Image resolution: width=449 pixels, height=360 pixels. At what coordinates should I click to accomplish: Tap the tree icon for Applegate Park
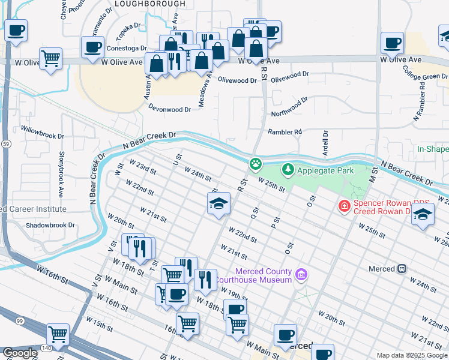[x=288, y=170]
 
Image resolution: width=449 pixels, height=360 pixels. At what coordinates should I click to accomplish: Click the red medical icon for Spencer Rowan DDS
[x=344, y=206]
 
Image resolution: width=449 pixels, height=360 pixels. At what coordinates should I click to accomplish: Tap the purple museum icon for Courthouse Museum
[x=301, y=275]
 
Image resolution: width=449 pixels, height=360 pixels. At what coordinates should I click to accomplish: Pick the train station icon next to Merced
[x=402, y=269]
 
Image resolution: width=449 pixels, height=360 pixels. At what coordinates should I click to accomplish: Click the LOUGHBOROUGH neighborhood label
[x=149, y=4]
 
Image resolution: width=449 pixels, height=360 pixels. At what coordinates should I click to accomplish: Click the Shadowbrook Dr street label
[x=50, y=226]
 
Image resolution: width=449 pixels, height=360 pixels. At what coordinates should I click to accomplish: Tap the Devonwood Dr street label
[x=170, y=109]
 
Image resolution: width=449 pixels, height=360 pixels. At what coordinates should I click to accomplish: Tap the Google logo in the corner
[x=20, y=353]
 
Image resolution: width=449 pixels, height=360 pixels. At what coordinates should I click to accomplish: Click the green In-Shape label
[x=433, y=148]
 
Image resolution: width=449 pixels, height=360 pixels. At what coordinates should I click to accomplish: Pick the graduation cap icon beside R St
[x=219, y=203]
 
